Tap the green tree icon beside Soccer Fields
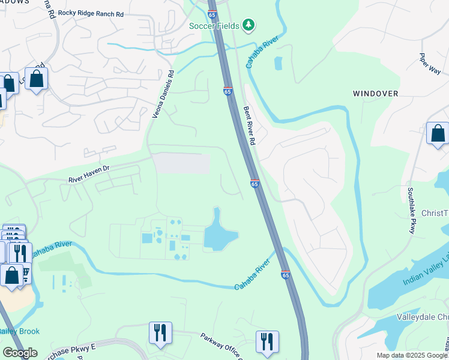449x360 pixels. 249,25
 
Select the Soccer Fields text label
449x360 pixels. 214,26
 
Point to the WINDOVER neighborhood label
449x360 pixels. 375,94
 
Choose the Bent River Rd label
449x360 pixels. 250,126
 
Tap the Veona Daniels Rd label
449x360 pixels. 162,94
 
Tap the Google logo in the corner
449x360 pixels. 19,352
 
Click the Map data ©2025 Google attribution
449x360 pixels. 412,355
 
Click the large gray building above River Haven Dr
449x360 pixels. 181,163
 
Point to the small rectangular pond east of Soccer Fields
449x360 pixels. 278,64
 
